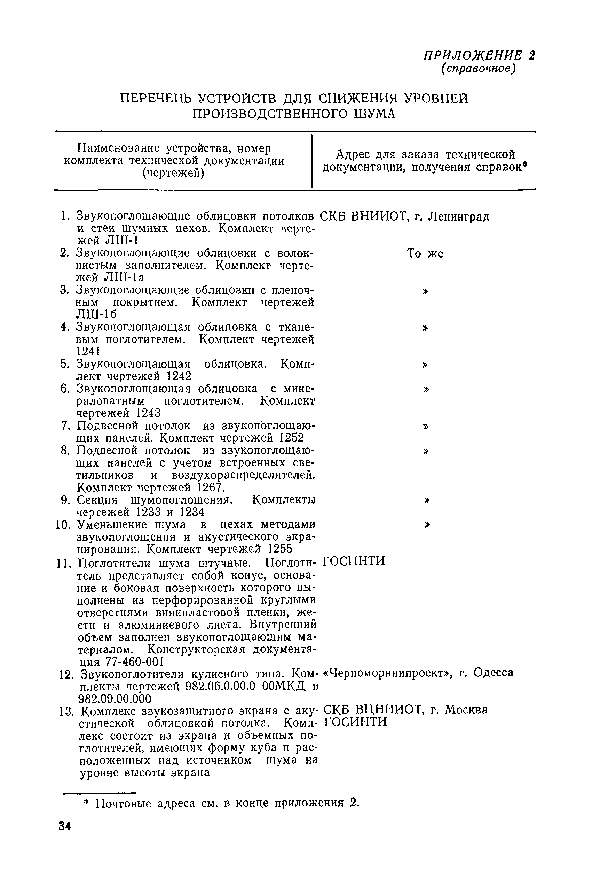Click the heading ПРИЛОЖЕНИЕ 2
[x=479, y=55]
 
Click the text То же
[x=425, y=254]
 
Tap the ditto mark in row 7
[x=426, y=426]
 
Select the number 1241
[x=88, y=352]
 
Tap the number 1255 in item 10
[x=280, y=549]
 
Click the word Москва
[x=466, y=710]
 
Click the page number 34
[x=65, y=826]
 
